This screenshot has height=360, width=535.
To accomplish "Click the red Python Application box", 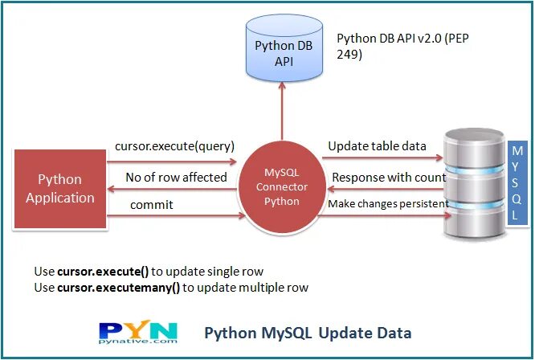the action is point(59,187).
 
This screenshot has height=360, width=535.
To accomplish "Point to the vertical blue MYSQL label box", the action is point(517,186).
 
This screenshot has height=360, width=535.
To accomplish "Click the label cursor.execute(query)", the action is point(174,146).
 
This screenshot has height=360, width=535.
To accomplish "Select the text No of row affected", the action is point(176,177).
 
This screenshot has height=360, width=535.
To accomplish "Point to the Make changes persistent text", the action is point(387,205).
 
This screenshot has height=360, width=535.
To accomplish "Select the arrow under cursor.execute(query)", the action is point(175,159).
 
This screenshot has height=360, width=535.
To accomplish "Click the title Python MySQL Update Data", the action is point(308,333).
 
